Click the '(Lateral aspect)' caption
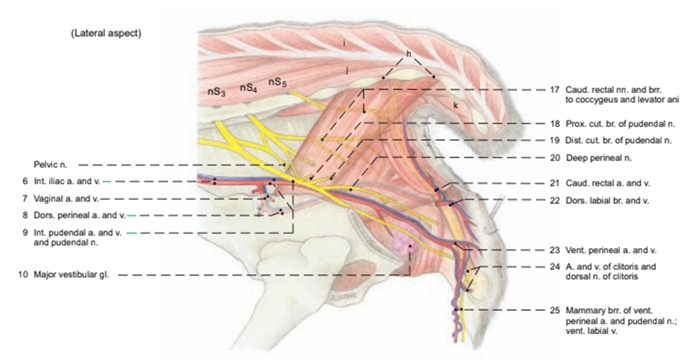pos(106,34)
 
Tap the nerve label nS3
pos(215,92)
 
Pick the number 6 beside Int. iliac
pos(24,181)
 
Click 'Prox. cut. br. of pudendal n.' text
pos(618,123)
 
